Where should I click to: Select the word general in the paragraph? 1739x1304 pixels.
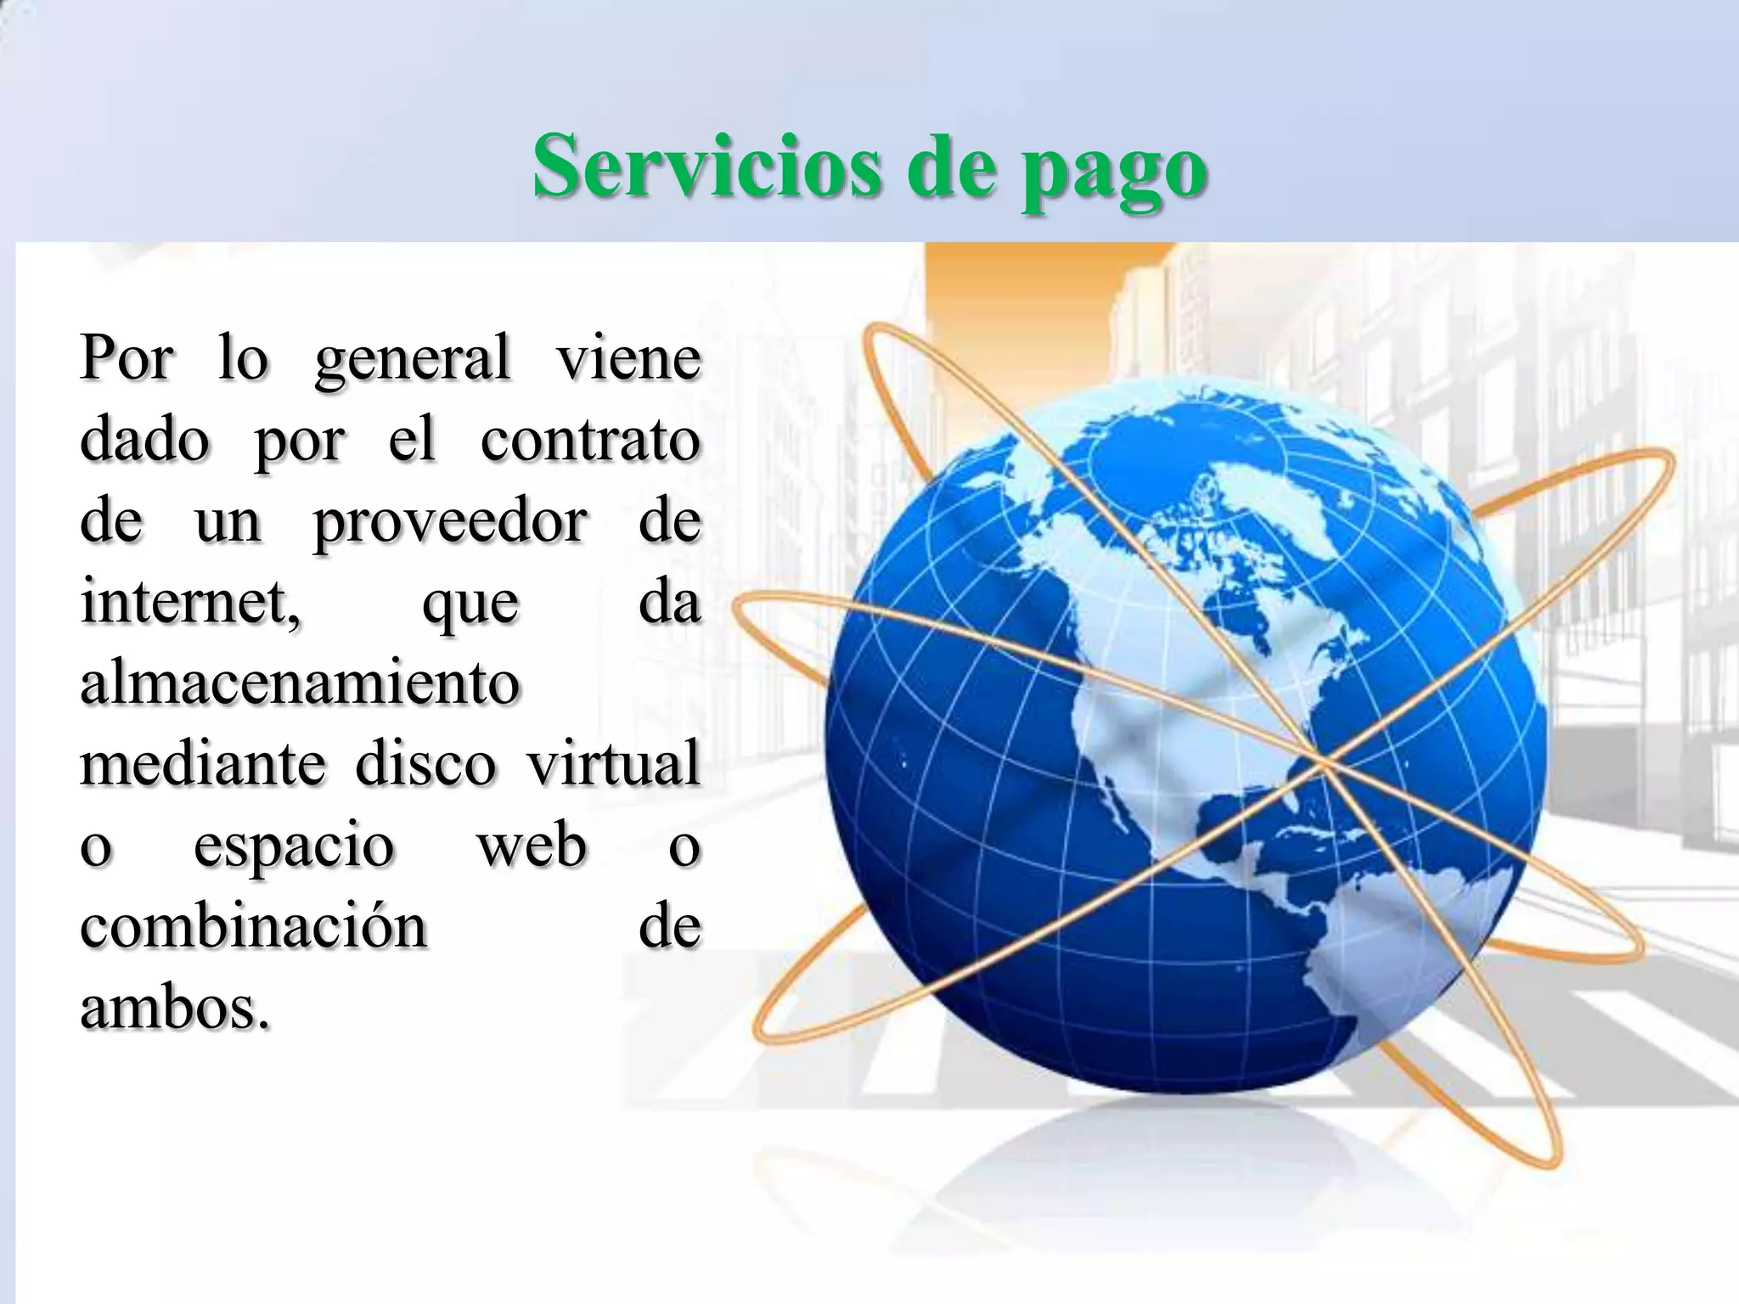click(x=413, y=360)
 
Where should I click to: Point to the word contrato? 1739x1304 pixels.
click(x=590, y=440)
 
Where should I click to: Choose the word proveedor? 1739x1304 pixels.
click(x=450, y=523)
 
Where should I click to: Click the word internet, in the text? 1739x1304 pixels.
click(x=190, y=603)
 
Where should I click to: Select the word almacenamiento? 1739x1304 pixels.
click(x=300, y=683)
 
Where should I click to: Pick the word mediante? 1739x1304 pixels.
click(x=203, y=763)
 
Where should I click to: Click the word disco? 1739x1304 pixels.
click(x=425, y=763)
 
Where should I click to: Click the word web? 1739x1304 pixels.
click(x=532, y=845)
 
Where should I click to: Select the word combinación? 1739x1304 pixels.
click(x=253, y=925)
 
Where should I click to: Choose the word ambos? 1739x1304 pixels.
click(x=176, y=1008)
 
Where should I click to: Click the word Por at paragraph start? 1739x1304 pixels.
click(x=127, y=360)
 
